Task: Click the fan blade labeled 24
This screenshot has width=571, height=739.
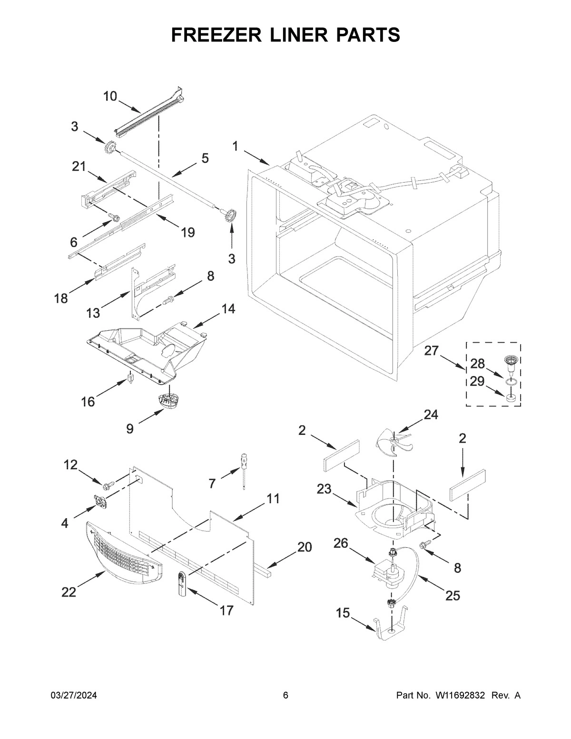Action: [394, 441]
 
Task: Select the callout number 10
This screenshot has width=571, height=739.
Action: [110, 96]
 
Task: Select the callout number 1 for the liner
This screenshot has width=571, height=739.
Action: [236, 146]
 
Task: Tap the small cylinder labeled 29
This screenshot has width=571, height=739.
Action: [512, 398]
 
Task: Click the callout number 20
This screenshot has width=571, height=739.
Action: [305, 547]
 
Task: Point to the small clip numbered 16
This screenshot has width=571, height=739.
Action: [129, 381]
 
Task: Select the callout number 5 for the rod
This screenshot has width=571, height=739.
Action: [205, 158]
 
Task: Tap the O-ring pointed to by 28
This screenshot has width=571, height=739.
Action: [512, 382]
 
